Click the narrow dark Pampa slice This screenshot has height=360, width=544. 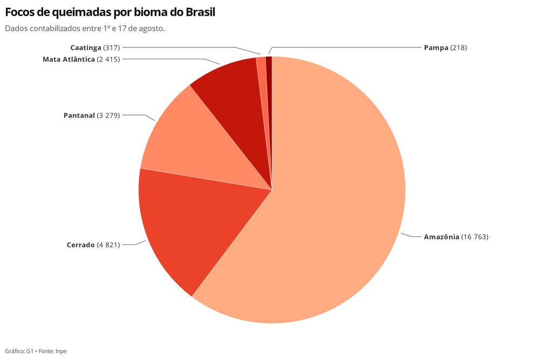click(x=269, y=70)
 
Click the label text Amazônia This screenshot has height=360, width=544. click(x=441, y=237)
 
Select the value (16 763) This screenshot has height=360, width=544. click(x=475, y=237)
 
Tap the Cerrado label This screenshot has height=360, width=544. click(x=80, y=245)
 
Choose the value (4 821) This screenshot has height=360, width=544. click(x=108, y=245)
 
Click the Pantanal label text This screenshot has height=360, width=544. click(x=79, y=115)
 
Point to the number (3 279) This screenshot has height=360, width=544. click(x=108, y=115)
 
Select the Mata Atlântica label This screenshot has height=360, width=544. click(x=69, y=59)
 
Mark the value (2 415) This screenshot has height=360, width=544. click(x=108, y=59)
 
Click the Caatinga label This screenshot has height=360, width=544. click(x=85, y=47)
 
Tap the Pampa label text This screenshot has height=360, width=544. click(x=436, y=47)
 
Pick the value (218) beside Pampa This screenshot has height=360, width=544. click(x=459, y=47)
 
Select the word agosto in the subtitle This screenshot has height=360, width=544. click(x=152, y=28)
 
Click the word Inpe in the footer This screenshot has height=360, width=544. click(x=61, y=351)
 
